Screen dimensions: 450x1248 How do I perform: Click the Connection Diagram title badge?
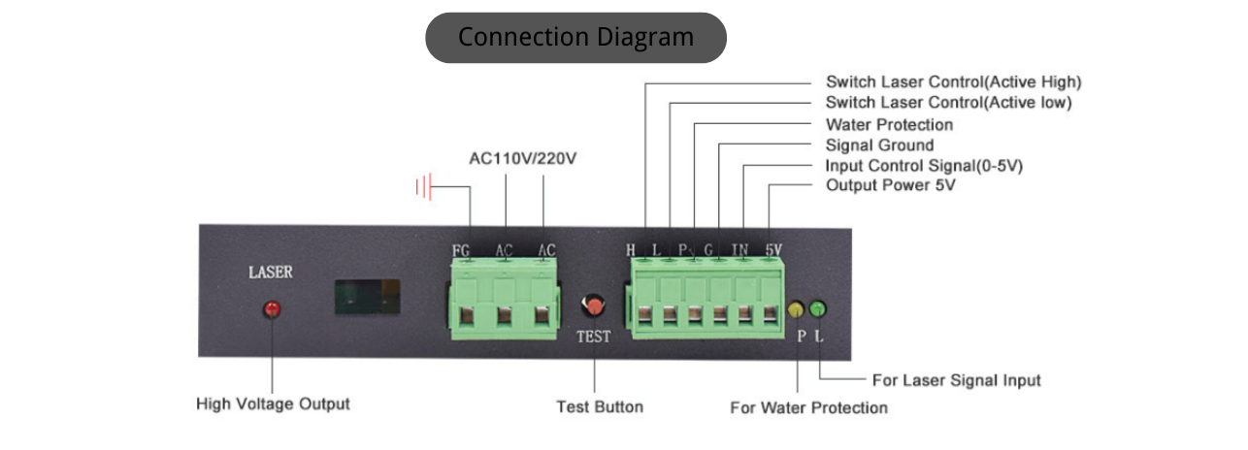(x=575, y=38)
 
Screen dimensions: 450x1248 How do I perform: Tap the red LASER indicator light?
(x=273, y=309)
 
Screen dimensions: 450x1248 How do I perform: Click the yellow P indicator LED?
(x=797, y=309)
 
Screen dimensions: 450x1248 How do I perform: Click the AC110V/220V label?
(x=523, y=158)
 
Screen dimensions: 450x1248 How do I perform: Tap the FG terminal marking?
(x=461, y=251)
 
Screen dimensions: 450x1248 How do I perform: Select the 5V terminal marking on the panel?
(x=772, y=250)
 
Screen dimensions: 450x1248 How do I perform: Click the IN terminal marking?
(x=739, y=250)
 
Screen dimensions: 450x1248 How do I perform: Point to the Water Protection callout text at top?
(x=889, y=124)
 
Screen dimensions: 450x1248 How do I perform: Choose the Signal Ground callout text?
(x=879, y=145)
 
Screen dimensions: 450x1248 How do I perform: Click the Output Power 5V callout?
(x=890, y=185)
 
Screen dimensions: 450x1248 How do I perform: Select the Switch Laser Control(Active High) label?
(x=953, y=81)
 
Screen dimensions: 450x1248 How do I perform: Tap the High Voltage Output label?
(x=273, y=403)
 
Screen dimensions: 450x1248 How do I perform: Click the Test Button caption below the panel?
(x=599, y=406)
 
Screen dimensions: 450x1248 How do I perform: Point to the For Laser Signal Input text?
(x=956, y=380)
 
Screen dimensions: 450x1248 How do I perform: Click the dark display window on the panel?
(x=368, y=298)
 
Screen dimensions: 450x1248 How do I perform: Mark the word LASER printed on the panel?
(x=271, y=273)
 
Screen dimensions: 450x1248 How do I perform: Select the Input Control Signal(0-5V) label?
(x=924, y=166)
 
